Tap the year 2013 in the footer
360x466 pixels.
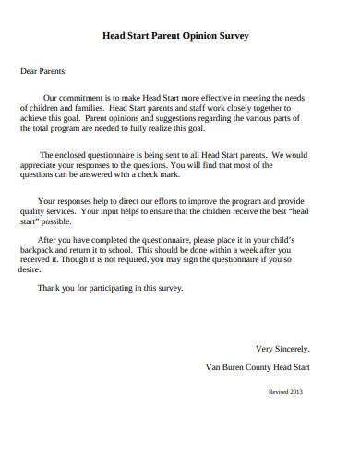click(294, 392)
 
